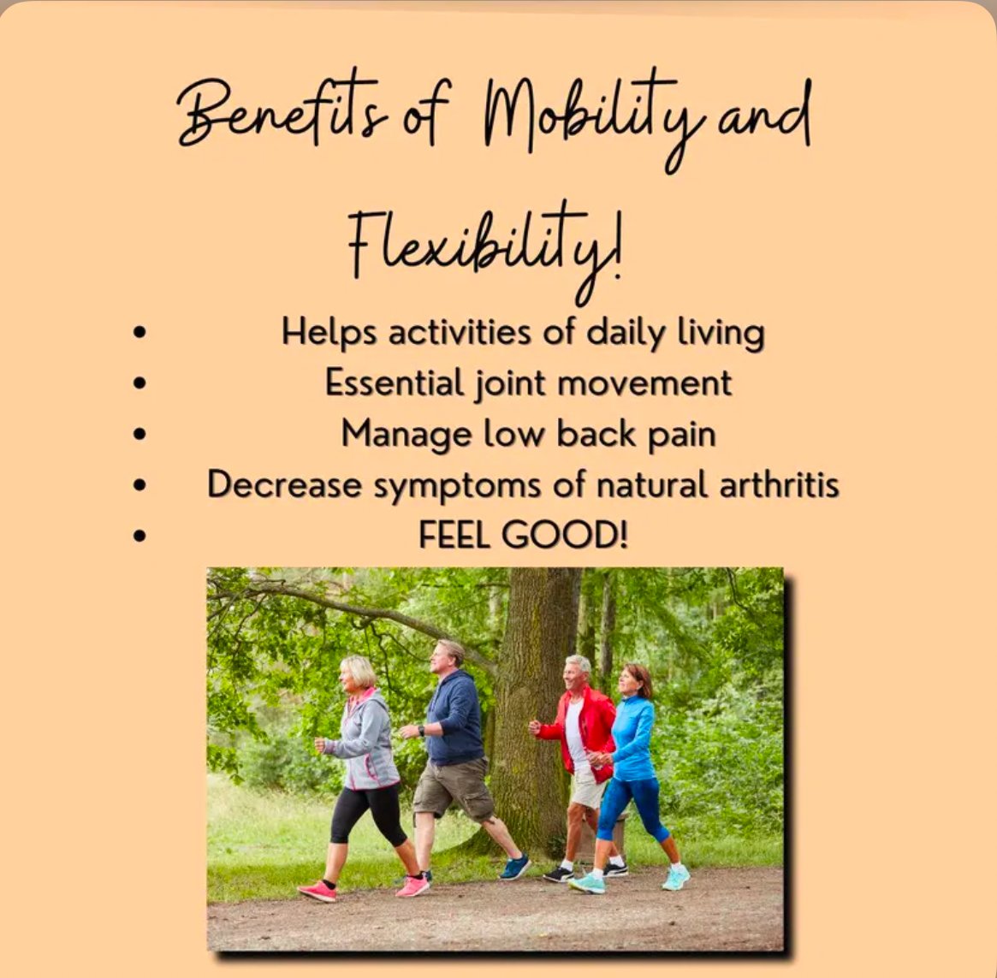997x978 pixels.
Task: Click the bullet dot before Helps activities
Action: pos(139,332)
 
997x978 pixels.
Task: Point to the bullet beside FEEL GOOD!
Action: pos(139,536)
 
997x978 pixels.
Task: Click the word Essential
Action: pos(395,382)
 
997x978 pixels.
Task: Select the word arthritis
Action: pos(780,484)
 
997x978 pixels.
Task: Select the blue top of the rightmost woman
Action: pos(633,738)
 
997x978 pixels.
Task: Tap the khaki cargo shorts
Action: pos(453,789)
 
